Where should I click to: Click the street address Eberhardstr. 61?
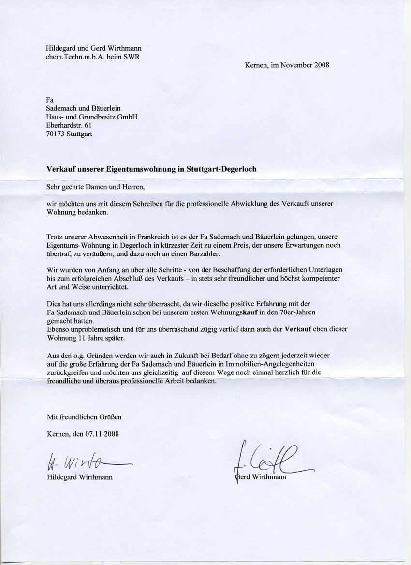coord(68,125)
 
